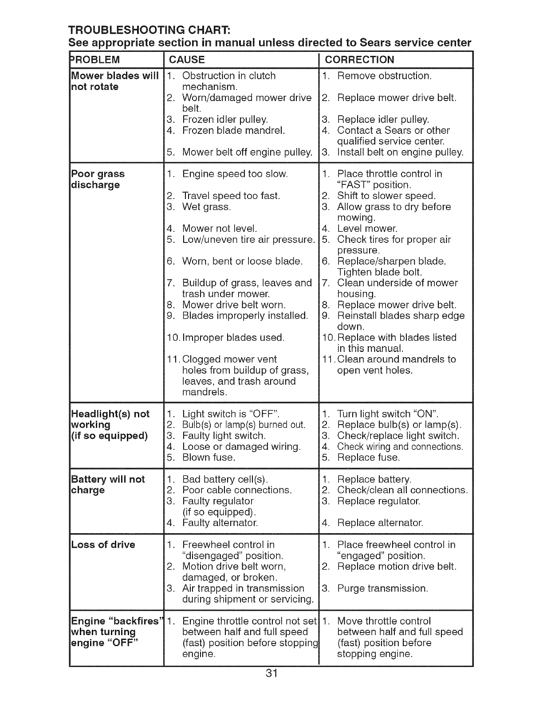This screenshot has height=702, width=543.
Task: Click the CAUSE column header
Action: tap(187, 60)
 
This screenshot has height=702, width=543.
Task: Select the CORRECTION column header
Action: tap(359, 60)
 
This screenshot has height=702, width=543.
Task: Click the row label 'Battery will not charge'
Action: tap(108, 485)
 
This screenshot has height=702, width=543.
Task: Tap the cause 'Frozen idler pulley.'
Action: tap(225, 120)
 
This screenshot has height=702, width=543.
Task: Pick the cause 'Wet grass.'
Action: tap(206, 207)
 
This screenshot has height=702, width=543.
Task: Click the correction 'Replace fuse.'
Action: tap(368, 457)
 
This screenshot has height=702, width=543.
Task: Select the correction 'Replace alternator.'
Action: tap(380, 523)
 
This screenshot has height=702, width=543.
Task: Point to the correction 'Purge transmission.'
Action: tap(382, 589)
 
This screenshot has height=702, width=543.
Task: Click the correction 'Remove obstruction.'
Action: tap(384, 76)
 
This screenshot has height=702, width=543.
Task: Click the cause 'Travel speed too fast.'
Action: tap(231, 196)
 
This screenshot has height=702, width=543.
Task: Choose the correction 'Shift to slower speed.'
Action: tap(386, 196)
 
